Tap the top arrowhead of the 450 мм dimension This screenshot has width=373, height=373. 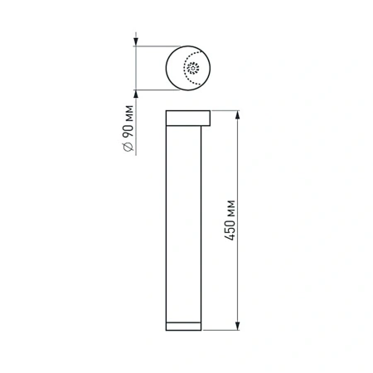[x=240, y=114]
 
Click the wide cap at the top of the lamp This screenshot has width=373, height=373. [x=188, y=117]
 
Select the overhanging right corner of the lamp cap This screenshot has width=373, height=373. [x=209, y=117]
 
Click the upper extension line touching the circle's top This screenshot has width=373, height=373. [x=157, y=47]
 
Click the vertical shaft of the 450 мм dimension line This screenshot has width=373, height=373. [x=240, y=166]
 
